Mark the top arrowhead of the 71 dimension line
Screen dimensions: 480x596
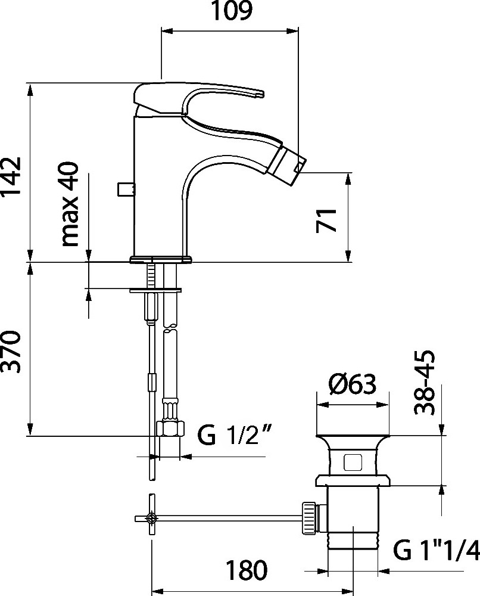(x=347, y=179)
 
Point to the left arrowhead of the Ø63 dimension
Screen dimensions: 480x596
(x=322, y=405)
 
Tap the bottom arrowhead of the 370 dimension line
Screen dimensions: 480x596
(x=30, y=430)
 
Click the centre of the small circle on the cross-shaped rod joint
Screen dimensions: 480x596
(x=152, y=518)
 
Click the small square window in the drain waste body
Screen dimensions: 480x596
(x=353, y=462)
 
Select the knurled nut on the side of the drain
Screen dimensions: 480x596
(x=308, y=518)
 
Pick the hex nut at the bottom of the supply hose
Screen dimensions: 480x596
(x=171, y=429)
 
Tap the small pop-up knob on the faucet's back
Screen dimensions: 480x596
(x=125, y=190)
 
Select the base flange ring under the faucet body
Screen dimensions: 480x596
(x=161, y=259)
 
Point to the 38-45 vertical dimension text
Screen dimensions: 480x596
(x=424, y=383)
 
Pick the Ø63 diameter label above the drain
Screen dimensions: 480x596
(x=353, y=384)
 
